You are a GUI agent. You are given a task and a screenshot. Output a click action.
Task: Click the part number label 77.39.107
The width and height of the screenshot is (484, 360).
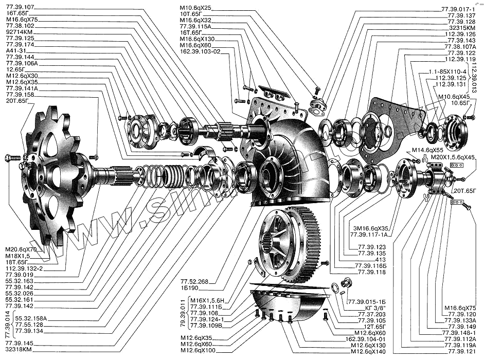pos(20,7)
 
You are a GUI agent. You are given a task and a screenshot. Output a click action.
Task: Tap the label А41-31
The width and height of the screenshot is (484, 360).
pos(16,51)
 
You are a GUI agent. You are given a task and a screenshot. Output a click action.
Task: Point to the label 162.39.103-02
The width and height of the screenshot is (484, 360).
pos(200,51)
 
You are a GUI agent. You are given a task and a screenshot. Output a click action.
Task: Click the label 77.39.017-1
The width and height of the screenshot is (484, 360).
pos(458,10)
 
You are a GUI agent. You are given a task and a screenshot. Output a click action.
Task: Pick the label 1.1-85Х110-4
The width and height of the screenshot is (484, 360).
pos(446,71)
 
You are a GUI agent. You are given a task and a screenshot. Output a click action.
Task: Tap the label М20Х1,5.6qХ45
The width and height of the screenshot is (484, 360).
pos(453,157)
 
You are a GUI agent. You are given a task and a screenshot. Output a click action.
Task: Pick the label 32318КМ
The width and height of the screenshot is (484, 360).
pos(17,350)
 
